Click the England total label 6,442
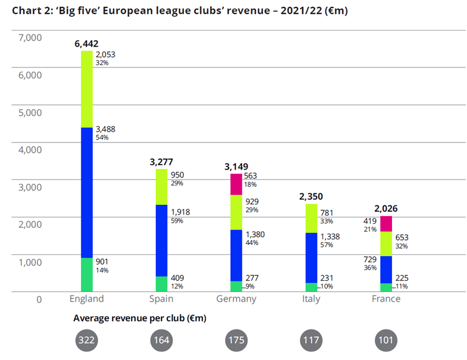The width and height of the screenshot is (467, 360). [87, 43]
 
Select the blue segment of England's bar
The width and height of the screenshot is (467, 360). [87, 192]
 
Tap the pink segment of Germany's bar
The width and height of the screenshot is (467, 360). [236, 184]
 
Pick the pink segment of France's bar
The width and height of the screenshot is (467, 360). [386, 223]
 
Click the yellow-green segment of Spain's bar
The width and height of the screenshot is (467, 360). [161, 187]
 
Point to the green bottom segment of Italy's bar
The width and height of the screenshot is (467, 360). [311, 287]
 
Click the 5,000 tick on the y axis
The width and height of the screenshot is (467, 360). [31, 112]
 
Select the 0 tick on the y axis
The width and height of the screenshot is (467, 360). [39, 299]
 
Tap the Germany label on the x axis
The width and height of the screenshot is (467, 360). [236, 299]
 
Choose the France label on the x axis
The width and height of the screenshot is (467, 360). [386, 299]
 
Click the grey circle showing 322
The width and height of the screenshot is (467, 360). [87, 340]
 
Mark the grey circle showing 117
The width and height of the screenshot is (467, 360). [311, 340]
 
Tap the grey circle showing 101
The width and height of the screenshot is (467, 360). [386, 340]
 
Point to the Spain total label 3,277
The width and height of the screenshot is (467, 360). [161, 162]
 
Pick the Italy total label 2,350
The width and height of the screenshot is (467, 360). [311, 196]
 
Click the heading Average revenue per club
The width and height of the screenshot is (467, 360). [140, 318]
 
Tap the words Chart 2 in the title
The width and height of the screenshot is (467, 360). [31, 12]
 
